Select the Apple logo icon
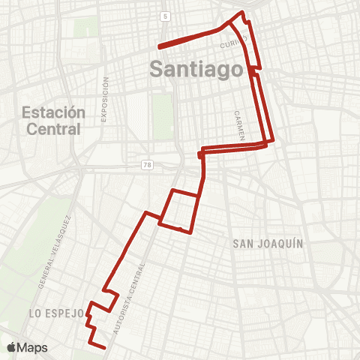click(x=12, y=347)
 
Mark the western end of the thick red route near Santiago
click(x=158, y=45)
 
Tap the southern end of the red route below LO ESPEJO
click(x=103, y=346)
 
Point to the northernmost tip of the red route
click(x=241, y=13)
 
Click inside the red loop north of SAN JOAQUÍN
click(x=179, y=210)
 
